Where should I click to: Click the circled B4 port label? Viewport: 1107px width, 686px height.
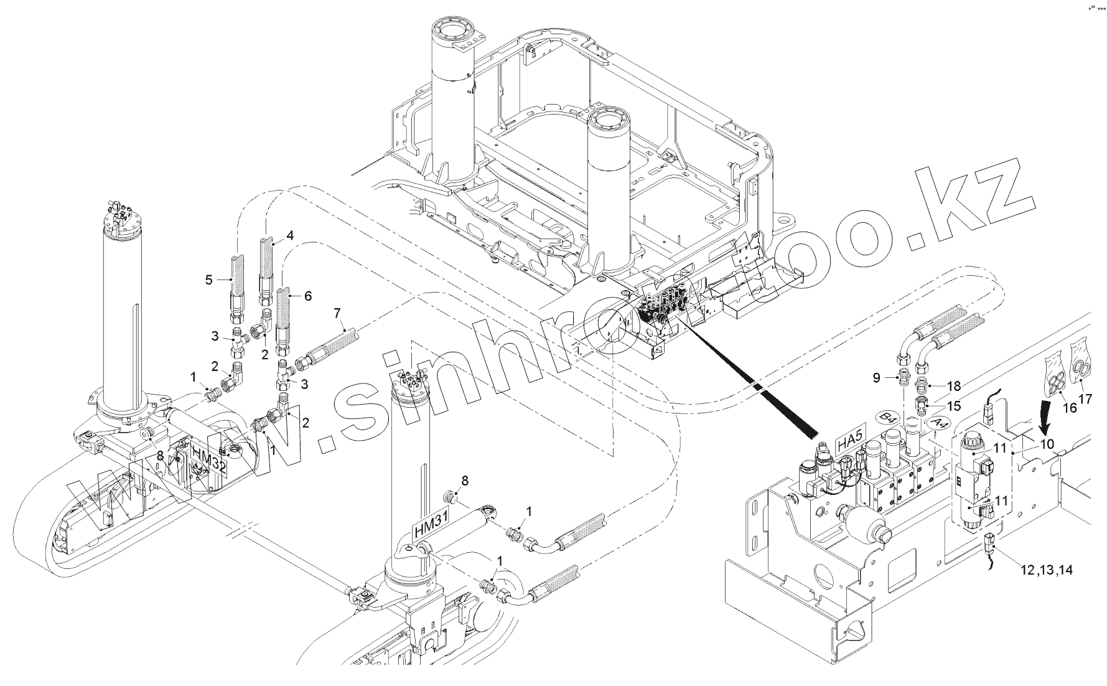[x=889, y=417]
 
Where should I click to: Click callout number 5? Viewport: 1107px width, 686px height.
[x=209, y=280]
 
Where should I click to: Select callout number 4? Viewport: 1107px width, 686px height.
[x=289, y=235]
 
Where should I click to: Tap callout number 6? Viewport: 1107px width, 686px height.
[x=307, y=296]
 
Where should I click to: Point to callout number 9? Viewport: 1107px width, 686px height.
[x=877, y=377]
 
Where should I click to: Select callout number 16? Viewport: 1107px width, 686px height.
[x=1069, y=408]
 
